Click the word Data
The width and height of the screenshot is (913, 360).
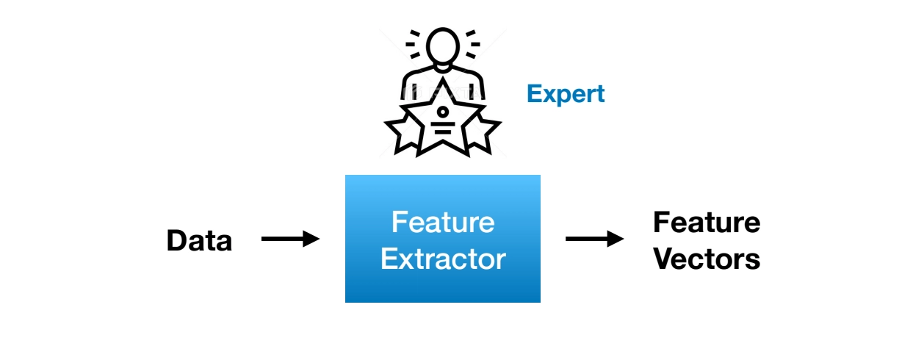tap(199, 241)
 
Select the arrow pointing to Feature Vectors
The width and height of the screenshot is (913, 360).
tap(594, 239)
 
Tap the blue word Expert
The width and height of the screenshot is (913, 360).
tap(566, 94)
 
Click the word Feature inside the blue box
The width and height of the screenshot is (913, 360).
tap(443, 222)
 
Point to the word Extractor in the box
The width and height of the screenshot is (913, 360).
tap(443, 259)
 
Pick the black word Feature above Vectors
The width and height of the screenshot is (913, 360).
tap(707, 222)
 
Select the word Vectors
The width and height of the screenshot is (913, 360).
tap(707, 259)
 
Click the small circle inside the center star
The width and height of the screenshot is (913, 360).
tap(443, 112)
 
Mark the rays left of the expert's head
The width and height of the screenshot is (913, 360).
tap(414, 44)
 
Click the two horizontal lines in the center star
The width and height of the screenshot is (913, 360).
tap(443, 127)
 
